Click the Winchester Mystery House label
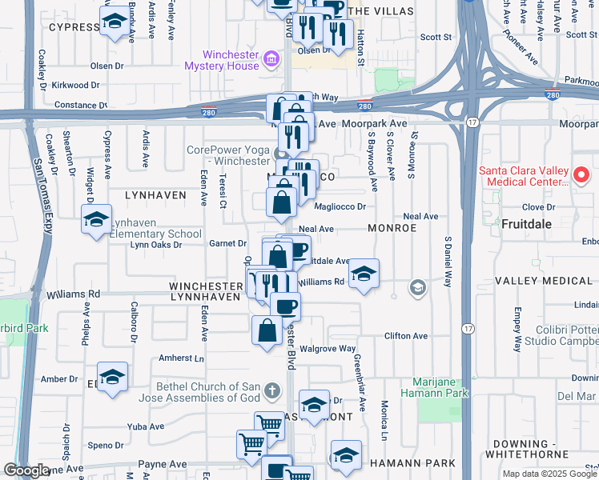231,60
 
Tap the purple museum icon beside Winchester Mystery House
271,59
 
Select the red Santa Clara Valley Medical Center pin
582,174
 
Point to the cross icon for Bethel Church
272,390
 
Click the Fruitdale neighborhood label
526,224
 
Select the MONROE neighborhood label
392,228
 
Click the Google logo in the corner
26,470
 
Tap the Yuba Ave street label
146,426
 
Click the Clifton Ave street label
406,336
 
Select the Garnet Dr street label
227,243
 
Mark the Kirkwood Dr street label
75,85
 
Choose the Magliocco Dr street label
340,206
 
